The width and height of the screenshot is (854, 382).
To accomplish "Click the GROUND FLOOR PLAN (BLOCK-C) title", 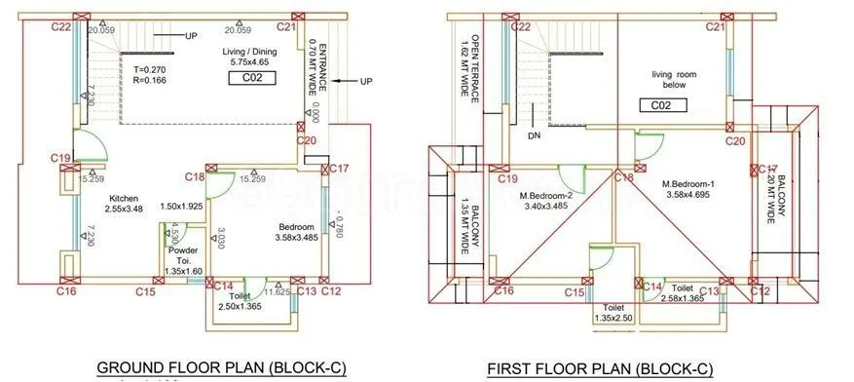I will click(221, 367).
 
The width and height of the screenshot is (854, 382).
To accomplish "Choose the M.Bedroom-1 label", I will click(688, 189).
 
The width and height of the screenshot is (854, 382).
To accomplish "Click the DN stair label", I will click(534, 135).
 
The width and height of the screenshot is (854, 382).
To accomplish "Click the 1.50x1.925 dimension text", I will click(180, 207).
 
